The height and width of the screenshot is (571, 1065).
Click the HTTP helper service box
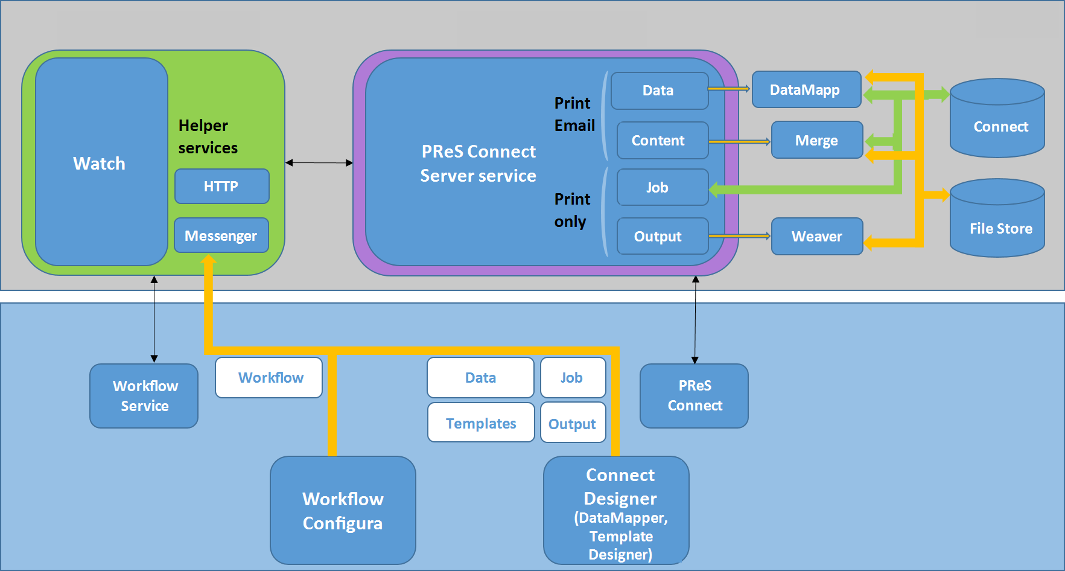coord(221,187)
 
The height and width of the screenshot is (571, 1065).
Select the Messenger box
coord(221,235)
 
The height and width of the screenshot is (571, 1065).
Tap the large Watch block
coord(101,162)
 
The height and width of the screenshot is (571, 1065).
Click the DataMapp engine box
coord(806,90)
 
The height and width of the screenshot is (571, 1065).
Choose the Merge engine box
coord(816,140)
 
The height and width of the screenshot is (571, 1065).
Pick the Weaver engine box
coord(816,236)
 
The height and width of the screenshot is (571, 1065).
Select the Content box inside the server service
coord(662,140)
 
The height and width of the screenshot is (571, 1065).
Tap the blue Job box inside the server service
coord(662,187)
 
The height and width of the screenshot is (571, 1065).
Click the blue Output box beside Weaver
coord(662,236)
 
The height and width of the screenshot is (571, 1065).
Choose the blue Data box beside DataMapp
coord(659,91)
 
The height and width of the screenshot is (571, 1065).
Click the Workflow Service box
coord(144,395)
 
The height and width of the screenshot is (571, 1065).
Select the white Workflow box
coord(269,378)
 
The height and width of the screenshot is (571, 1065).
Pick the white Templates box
coord(481,423)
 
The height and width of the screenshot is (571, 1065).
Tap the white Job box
coord(573,378)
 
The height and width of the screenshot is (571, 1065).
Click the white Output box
coord(573,423)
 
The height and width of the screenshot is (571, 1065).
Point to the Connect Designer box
coord(616,510)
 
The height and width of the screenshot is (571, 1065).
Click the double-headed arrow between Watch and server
coord(319,163)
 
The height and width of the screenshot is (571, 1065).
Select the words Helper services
coord(208,136)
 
